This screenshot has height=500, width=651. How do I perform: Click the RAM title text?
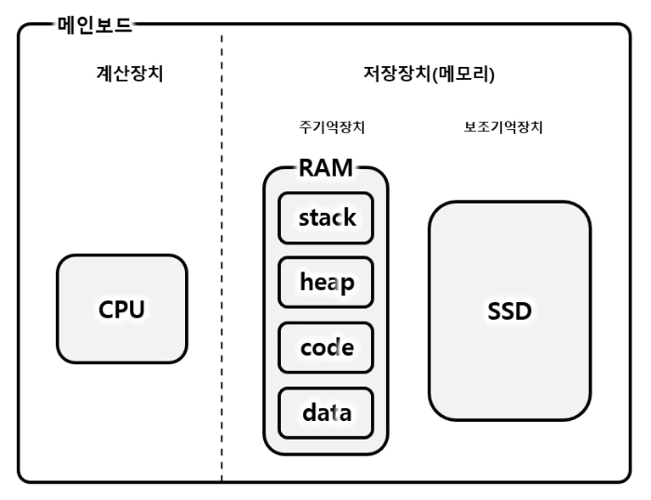(325, 170)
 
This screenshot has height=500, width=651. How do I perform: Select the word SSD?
(509, 311)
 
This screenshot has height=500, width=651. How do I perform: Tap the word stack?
(325, 218)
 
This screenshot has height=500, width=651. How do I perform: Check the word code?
(325, 348)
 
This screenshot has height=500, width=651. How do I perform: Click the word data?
(325, 413)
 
